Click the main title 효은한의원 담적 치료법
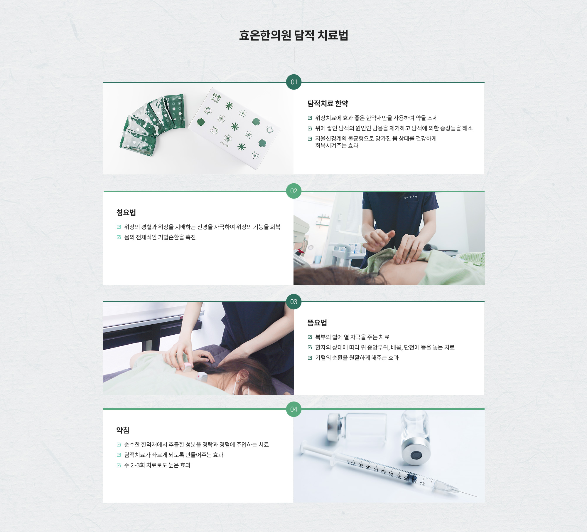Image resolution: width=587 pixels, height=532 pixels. [x=293, y=35]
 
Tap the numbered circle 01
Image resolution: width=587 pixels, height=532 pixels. [x=294, y=82]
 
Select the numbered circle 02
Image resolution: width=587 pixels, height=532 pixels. [x=294, y=191]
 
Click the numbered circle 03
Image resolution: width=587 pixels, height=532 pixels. [x=294, y=302]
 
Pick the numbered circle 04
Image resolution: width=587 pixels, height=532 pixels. [x=294, y=409]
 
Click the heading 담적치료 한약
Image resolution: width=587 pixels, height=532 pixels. [x=328, y=103]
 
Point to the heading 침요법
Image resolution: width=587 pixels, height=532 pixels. [x=126, y=212]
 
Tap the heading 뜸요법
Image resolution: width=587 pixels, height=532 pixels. [x=317, y=323]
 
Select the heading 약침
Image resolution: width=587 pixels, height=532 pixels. [x=123, y=430]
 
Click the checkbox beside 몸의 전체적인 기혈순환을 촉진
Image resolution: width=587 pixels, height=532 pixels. [x=119, y=237]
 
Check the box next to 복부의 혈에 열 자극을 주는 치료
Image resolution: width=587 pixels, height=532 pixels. [x=310, y=337]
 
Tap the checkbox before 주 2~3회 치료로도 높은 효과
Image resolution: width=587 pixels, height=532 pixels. [x=119, y=465]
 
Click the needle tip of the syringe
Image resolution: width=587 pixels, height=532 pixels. [x=478, y=497]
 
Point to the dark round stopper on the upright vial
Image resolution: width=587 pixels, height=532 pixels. [x=416, y=456]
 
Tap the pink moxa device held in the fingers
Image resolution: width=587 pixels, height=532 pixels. [x=187, y=366]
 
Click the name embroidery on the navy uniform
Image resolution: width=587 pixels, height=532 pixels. [x=411, y=197]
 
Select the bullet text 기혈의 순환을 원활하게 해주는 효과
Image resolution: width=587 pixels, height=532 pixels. [x=357, y=358]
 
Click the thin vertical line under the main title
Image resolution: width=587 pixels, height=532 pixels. [x=294, y=55]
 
